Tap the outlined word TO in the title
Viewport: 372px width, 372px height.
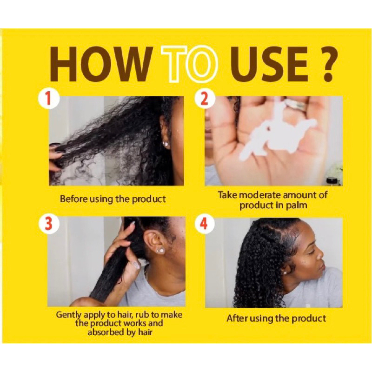coord(189,64)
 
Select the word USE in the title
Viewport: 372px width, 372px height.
coord(269,64)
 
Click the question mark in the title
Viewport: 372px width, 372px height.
coord(327,64)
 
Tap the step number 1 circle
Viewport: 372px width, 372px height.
coord(48,99)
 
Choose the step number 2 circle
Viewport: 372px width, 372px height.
coord(204,99)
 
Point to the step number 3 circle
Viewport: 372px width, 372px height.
coord(48,224)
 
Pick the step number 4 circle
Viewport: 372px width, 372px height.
coord(204,224)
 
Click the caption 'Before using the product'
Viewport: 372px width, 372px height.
coord(113,199)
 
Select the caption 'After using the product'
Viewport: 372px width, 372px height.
coord(276,319)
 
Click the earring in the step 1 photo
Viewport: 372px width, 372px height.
coord(166,144)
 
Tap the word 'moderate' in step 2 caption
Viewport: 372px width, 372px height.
coord(259,195)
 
